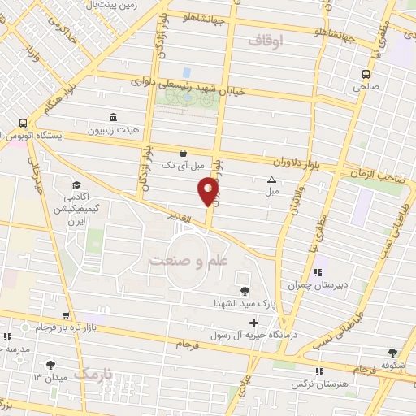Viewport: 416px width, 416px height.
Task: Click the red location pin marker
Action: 208,191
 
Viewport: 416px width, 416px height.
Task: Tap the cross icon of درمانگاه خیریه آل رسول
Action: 253,323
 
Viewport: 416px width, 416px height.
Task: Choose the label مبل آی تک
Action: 184,166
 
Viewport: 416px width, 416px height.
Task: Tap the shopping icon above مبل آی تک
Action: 183,153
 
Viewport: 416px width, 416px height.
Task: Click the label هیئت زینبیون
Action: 113,130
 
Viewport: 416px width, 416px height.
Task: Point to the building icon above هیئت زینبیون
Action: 112,117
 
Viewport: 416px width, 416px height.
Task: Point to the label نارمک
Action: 93,374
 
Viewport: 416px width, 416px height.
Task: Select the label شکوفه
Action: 394,365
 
